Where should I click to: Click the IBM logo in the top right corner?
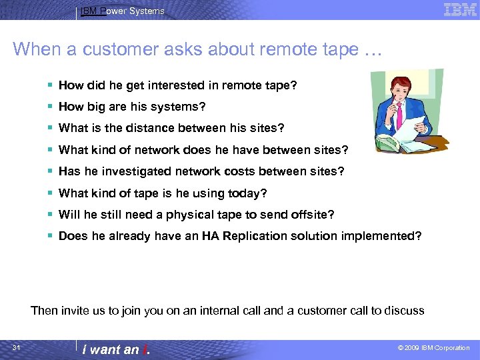pos(460,9)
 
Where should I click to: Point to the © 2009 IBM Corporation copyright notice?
pos(433,348)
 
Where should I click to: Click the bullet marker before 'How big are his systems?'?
pos(51,107)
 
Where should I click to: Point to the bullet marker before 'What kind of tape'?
pos(51,193)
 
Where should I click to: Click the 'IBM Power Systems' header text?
pos(122,11)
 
